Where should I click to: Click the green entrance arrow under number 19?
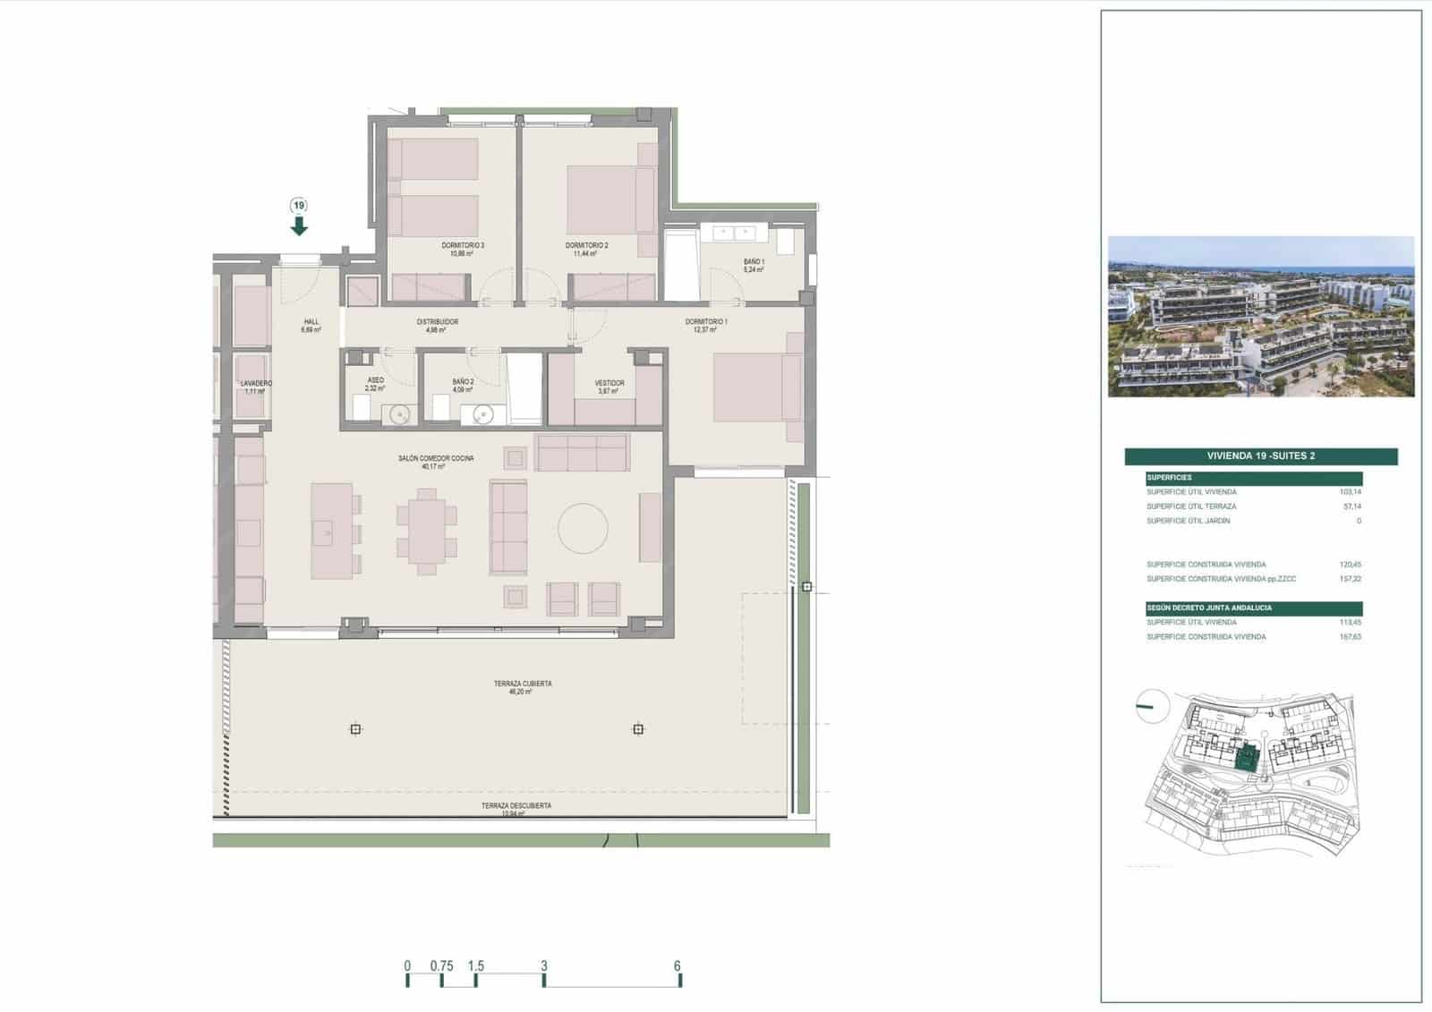click(299, 225)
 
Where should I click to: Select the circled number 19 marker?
click(299, 205)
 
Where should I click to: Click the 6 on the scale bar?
click(678, 966)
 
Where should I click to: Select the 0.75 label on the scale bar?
click(441, 966)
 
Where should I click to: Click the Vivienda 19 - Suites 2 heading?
click(1260, 456)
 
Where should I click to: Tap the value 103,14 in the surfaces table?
click(1350, 492)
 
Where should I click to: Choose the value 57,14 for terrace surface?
click(1351, 506)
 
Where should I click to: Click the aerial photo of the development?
click(1260, 316)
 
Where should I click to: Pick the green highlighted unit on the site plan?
click(1244, 759)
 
